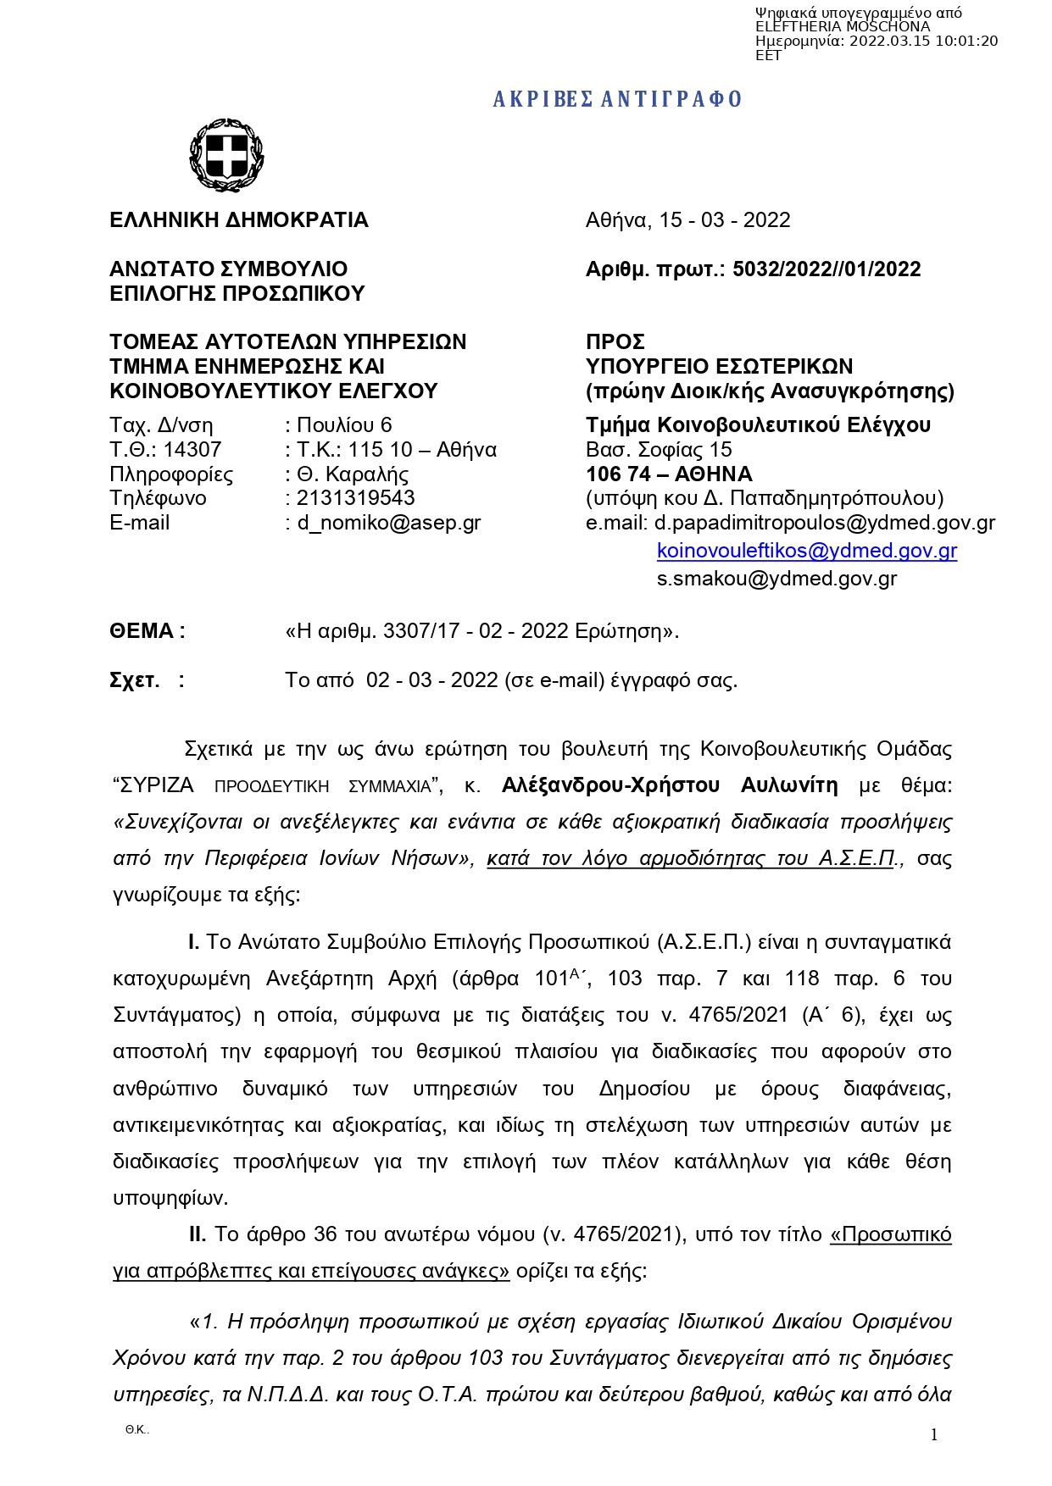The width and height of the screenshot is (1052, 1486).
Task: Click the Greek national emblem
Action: pos(226,155)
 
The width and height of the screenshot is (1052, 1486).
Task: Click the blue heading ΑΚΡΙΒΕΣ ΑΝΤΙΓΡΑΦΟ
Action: pos(617,99)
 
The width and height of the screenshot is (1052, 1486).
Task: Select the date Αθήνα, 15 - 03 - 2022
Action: pos(687,220)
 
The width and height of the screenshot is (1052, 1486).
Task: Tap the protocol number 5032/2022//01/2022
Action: pos(827,269)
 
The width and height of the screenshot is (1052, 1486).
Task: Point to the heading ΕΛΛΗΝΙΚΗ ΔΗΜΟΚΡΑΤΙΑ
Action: pos(239,220)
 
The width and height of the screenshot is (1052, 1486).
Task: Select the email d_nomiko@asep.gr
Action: pos(388,523)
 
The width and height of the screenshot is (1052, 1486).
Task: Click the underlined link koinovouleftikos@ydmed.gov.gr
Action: pos(806,551)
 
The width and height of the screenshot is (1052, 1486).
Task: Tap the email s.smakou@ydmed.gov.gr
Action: pos(776,579)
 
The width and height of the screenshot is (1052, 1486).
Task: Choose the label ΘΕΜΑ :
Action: pos(148,631)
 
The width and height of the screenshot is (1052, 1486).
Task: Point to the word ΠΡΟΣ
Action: pos(615,342)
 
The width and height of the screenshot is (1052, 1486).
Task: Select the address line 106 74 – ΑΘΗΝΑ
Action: pos(669,474)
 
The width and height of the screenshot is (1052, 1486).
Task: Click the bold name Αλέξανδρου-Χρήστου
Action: pos(610,785)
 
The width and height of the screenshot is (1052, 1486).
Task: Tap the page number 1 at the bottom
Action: pos(934,1434)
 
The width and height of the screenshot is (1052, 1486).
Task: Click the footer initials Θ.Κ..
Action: pos(136,1430)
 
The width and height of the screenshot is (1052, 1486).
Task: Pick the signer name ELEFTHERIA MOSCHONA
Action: pos(843,27)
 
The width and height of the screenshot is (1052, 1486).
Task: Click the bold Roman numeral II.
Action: pos(198,1234)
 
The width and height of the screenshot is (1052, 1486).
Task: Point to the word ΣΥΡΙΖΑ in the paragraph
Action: pos(158,785)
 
